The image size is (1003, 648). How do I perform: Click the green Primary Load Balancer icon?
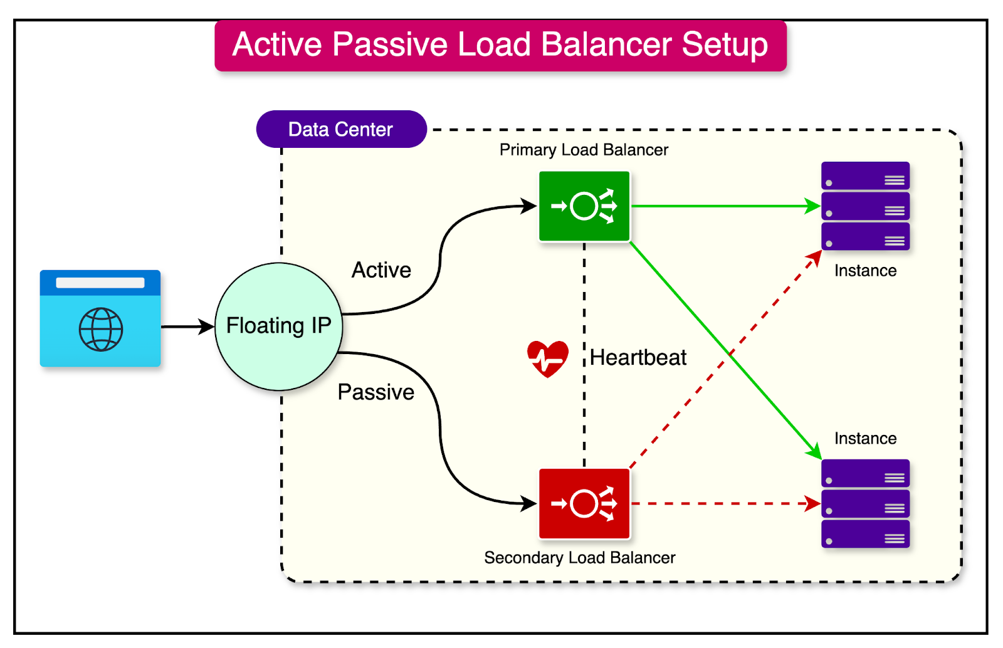coord(584,206)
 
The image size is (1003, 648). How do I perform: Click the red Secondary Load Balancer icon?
coord(584,503)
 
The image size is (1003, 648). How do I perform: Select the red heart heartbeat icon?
coord(548,358)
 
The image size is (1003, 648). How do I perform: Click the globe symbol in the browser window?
coord(101,330)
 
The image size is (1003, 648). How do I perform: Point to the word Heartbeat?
coord(638,357)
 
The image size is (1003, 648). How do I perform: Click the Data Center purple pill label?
coord(341,129)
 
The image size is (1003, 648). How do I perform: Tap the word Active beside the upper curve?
coord(381,270)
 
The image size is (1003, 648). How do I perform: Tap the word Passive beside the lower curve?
coord(375,392)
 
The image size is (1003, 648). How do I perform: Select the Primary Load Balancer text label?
coord(584,150)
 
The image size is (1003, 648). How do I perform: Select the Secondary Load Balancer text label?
coord(580,558)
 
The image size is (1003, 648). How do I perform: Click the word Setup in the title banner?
coord(725,44)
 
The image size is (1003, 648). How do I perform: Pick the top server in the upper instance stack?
coord(865,175)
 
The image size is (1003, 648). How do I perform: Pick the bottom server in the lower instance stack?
coord(865,535)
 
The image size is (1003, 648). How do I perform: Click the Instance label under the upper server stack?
coord(865,271)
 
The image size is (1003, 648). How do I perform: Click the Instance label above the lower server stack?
coord(865,438)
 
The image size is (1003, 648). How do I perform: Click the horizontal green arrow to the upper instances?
coord(721,206)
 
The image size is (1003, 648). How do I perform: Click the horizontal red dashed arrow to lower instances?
coord(721,503)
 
